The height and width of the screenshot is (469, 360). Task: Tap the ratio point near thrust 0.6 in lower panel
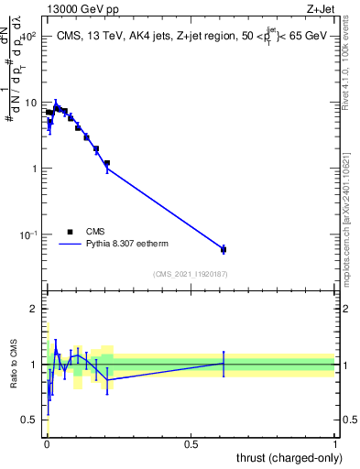[223, 363]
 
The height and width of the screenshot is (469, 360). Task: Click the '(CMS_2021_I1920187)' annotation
[190, 274]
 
